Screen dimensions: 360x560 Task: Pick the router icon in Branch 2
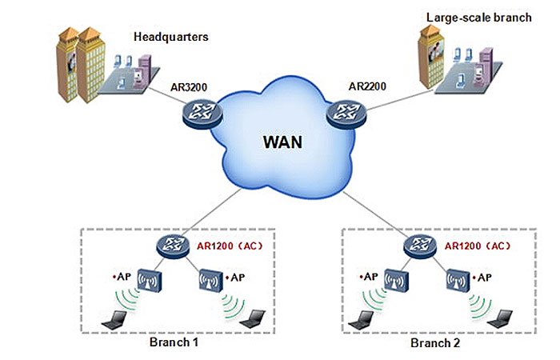pyautogui.click(x=417, y=245)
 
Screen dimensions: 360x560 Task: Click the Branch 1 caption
pyautogui.click(x=174, y=342)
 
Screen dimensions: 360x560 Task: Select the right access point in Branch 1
pyautogui.click(x=208, y=279)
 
